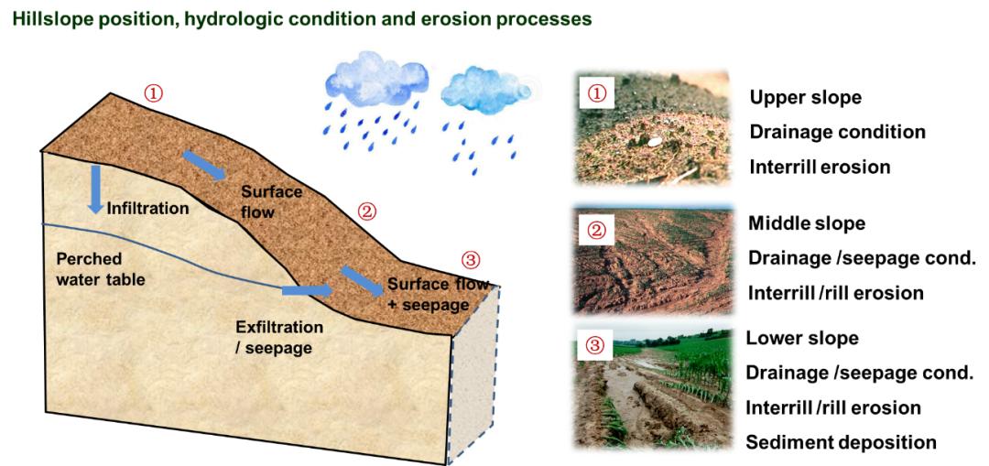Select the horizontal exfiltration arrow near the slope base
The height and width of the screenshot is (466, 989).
point(307,290)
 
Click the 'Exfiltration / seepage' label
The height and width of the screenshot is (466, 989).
point(278,337)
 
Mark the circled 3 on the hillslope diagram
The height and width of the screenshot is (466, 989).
point(471,259)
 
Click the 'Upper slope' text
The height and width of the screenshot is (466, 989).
point(806,98)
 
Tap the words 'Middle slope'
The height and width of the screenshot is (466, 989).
point(807,223)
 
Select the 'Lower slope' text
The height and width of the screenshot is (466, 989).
point(802,338)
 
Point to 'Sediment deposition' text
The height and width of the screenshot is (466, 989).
point(841,442)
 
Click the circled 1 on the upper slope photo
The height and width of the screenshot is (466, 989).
point(596,94)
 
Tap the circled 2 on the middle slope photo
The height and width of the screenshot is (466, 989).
point(596,230)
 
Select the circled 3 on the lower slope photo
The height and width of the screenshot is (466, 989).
point(596,345)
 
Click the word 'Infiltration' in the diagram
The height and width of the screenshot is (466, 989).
point(148,208)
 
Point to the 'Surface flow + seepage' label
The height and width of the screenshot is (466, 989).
point(438,295)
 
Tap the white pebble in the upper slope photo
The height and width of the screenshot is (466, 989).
point(654,142)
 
